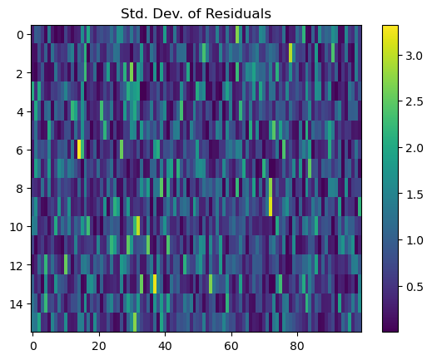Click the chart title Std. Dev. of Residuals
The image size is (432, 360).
pos(196,13)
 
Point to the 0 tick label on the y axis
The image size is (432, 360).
pos(20,35)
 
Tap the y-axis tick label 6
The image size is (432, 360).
pos(20,150)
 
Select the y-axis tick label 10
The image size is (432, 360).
pos(17,227)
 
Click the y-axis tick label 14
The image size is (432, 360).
pos(17,304)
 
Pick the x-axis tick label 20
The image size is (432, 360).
pos(99,346)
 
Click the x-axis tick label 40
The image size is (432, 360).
pos(165,346)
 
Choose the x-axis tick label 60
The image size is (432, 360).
pos(231,346)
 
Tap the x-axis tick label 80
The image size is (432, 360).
pos(297,346)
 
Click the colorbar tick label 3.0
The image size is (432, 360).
pos(415,56)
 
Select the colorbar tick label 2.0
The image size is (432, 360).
pos(415,148)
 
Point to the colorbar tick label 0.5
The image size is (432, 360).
pos(415,287)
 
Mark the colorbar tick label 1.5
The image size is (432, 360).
pos(415,195)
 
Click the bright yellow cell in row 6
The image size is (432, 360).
pos(79,149)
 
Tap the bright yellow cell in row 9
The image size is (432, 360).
pos(271,206)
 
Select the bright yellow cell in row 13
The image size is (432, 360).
pos(155,284)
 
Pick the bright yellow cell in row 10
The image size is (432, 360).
pos(138,226)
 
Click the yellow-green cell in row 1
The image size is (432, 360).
pos(290,52)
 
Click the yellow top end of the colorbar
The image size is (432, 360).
pos(390,27)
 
